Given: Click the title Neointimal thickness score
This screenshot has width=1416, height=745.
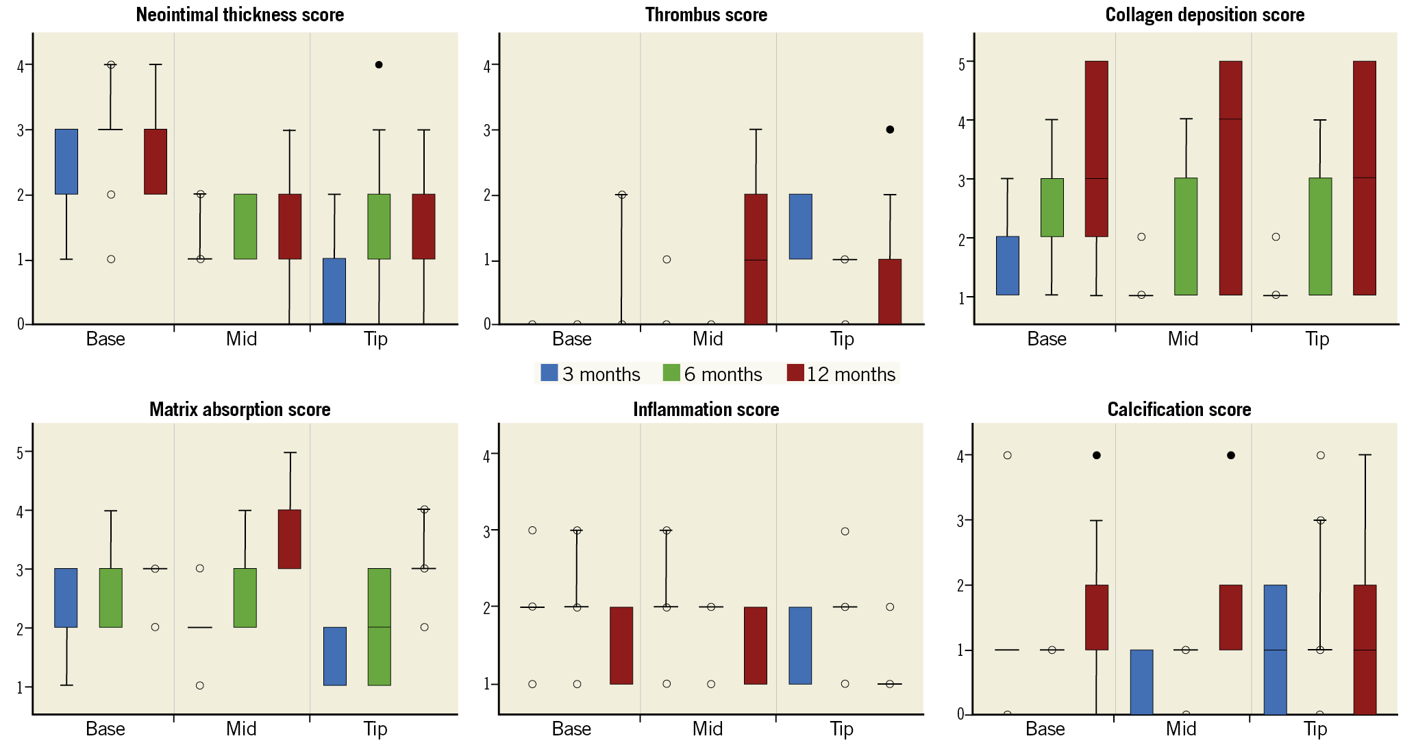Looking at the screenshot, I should point(240,15).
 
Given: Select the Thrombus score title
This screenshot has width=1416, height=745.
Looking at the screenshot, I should point(706,15).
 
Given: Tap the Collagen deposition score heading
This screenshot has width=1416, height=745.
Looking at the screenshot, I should point(1204,15).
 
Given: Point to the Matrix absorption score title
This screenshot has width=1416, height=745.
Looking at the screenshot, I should point(240,410).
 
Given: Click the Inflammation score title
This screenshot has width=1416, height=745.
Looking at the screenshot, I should point(706,410).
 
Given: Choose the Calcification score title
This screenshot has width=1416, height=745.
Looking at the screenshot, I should point(1179,410).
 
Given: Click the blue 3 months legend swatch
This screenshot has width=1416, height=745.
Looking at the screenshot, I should point(549,373).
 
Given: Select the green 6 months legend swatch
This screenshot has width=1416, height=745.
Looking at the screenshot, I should point(671,373).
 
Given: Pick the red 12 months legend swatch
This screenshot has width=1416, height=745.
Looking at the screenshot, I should point(795,373).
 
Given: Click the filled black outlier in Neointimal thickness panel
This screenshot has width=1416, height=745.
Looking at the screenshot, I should point(379,64).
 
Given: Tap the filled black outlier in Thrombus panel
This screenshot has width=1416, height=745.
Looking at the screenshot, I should point(890,130).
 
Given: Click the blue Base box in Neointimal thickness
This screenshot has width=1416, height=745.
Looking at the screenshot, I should point(66,162).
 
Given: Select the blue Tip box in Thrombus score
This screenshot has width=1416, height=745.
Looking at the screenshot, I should point(800,227).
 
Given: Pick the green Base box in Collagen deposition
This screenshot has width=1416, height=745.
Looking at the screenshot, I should point(1052,208).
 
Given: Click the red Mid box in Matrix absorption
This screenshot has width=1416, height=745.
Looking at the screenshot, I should point(290,539).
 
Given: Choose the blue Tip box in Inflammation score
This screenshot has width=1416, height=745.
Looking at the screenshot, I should point(800,646).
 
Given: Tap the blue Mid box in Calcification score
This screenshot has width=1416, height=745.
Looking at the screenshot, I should point(1141,682).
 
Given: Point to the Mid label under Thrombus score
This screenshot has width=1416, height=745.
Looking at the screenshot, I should point(708,339).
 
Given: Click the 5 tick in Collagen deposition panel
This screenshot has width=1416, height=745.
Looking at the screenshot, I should point(962,63).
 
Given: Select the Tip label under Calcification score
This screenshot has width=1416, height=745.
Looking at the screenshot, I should point(1315,729).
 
